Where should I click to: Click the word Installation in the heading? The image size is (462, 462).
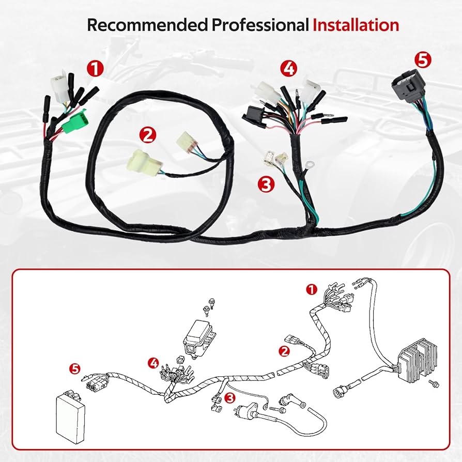356,25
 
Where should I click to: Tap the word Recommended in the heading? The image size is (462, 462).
147,25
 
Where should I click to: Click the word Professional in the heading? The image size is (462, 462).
260,25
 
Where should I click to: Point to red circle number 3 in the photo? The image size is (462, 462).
266,184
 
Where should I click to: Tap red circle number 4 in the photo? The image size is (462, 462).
289,69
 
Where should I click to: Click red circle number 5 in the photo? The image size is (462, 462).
423,60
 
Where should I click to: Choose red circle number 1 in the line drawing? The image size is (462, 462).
312,289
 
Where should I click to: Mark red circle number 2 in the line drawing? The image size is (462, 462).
284,351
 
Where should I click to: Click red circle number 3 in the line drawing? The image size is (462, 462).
230,398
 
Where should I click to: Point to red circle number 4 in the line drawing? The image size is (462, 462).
154,363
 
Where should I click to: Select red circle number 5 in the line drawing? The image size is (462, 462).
76,369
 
